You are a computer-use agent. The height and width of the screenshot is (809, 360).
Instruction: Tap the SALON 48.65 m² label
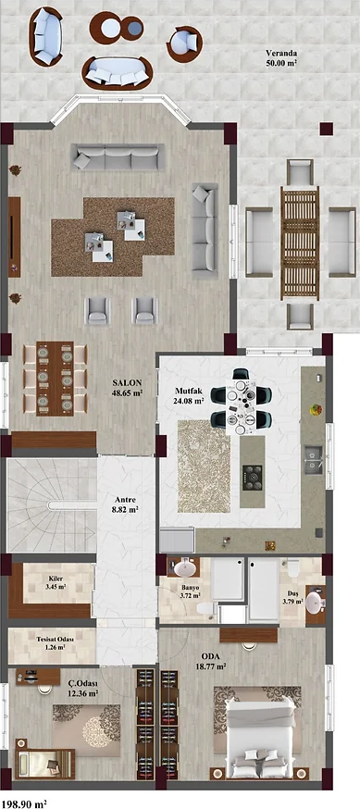point(128,388)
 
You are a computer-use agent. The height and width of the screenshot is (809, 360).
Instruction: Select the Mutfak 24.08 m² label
point(189,394)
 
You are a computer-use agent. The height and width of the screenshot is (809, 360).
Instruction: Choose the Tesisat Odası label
point(55,639)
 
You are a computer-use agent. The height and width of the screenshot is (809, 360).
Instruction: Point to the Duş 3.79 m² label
point(292,597)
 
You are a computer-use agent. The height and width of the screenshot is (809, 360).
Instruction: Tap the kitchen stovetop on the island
point(253,478)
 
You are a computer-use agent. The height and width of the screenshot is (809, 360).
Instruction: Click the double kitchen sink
point(313,460)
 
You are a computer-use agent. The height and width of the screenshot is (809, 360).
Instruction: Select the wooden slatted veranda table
point(300,243)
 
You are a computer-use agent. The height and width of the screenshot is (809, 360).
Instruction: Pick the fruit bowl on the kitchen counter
point(317,410)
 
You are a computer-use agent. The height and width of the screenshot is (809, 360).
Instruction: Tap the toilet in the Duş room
point(293,568)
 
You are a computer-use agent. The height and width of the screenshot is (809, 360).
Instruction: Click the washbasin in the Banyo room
point(184,568)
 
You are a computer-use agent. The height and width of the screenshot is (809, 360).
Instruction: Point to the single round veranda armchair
point(184,43)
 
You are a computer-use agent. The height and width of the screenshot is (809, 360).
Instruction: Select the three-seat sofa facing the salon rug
point(118,156)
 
